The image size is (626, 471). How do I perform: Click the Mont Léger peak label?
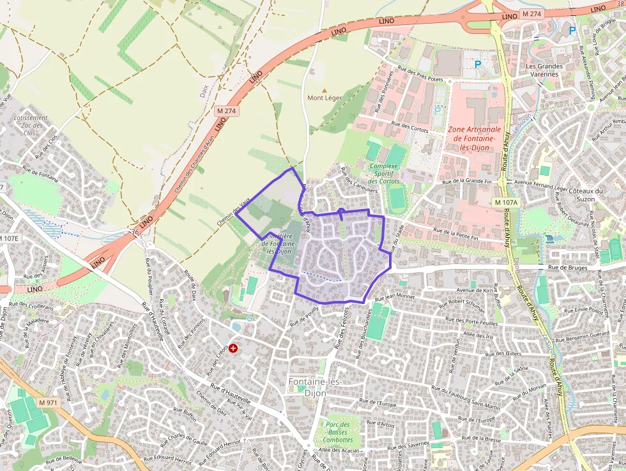point(324,98)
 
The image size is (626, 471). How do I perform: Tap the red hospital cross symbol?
point(233,349)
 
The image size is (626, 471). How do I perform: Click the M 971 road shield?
point(48,403)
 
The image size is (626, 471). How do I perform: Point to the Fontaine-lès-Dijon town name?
point(315,387)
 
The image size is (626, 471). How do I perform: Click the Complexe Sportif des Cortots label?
point(384,174)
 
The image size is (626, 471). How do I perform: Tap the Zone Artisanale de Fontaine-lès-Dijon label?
point(475,137)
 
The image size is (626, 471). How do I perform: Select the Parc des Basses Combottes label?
point(337,432)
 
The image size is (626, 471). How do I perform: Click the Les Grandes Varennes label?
point(544,70)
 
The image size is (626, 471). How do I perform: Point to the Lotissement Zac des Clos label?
point(30,125)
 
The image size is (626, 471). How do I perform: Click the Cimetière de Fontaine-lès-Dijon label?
point(279,243)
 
